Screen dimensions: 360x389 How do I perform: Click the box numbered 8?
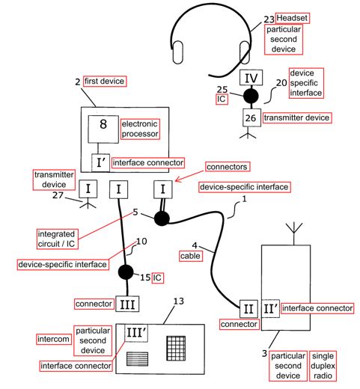[103, 129]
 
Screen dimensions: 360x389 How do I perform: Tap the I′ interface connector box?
[100, 163]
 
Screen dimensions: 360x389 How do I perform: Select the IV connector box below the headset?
[251, 78]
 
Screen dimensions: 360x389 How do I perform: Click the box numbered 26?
[251, 117]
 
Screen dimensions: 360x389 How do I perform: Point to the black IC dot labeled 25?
[251, 96]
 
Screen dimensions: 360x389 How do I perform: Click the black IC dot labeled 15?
[126, 272]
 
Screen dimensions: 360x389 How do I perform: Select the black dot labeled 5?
[162, 218]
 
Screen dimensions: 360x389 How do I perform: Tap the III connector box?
[127, 304]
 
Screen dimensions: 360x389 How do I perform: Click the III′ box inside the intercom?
[136, 333]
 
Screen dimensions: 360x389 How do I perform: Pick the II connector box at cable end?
[248, 309]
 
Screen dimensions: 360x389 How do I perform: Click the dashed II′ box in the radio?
[270, 309]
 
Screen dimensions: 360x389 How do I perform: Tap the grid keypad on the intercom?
[176, 348]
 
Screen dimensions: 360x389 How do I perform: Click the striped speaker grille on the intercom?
[137, 358]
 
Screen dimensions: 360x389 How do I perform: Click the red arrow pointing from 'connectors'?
[189, 176]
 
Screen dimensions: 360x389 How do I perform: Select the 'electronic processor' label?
[140, 129]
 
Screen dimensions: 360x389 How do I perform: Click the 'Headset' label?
[292, 18]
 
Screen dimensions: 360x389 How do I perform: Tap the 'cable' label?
[190, 256]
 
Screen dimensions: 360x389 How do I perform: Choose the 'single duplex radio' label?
[323, 366]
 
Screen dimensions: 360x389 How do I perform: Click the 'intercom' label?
[53, 339]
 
